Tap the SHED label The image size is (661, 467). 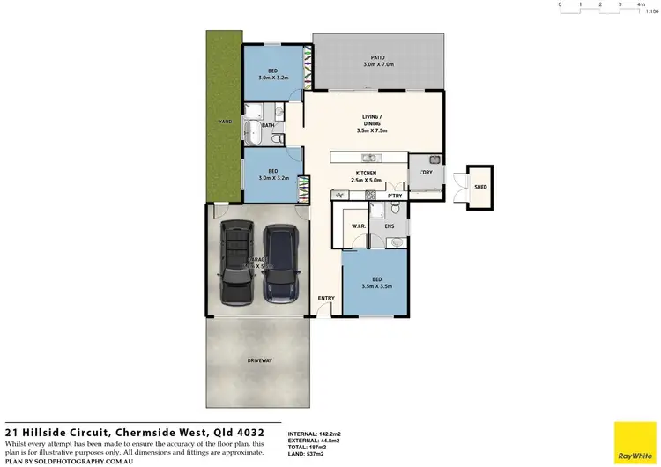[x=480, y=188]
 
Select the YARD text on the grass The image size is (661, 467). [x=226, y=122]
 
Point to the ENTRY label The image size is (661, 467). [x=326, y=298]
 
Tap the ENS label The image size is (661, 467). [x=389, y=226]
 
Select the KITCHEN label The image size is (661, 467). [x=367, y=172]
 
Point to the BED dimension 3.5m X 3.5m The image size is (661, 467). [x=375, y=286]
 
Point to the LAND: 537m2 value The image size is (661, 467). [x=308, y=456]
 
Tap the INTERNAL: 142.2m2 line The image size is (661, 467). [x=315, y=434]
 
